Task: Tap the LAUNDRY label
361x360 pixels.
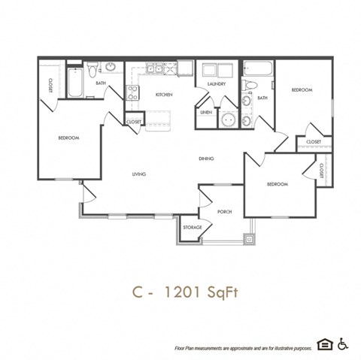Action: click(217, 84)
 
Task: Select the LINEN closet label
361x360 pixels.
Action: click(205, 112)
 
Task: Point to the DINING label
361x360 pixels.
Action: click(207, 159)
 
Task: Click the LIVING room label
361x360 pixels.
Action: click(138, 174)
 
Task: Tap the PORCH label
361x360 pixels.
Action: click(225, 211)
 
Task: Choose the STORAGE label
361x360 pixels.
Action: click(191, 227)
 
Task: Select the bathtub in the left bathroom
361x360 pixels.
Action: click(76, 83)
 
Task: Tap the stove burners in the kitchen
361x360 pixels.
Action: click(132, 93)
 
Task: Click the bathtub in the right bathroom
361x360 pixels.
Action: click(259, 70)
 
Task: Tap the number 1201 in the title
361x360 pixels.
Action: click(183, 293)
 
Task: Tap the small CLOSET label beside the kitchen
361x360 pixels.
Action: click(134, 121)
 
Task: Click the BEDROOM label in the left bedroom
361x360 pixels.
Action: click(69, 138)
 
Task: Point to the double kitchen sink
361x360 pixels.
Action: click(156, 69)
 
